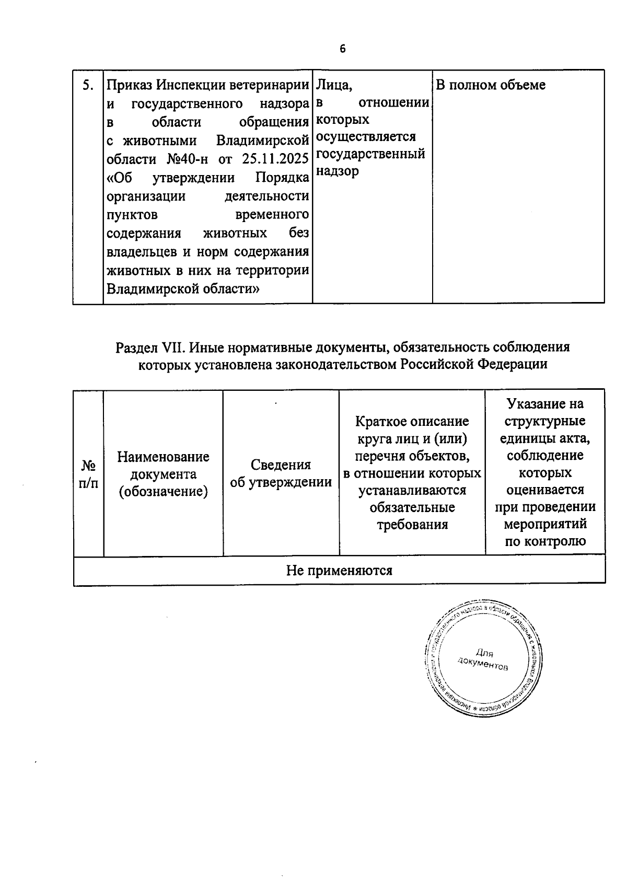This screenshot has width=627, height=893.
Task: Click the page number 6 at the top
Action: coord(342,49)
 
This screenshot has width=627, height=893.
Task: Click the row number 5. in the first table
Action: coord(88,85)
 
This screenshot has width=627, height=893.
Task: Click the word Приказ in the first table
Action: coord(129,85)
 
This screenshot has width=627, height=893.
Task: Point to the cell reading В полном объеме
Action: coord(490,85)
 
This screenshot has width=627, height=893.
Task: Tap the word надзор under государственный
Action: coord(338,171)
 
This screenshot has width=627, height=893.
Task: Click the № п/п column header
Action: coord(88,474)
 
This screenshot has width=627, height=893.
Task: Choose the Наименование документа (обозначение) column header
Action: coord(163,474)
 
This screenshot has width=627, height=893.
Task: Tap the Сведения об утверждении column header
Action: coord(281,473)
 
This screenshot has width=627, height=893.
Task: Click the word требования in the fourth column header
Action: coord(412,525)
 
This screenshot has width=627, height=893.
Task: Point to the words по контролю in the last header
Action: coord(545,541)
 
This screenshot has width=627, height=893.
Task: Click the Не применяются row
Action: coord(339,570)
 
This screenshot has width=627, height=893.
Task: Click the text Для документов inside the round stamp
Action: coord(483,660)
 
